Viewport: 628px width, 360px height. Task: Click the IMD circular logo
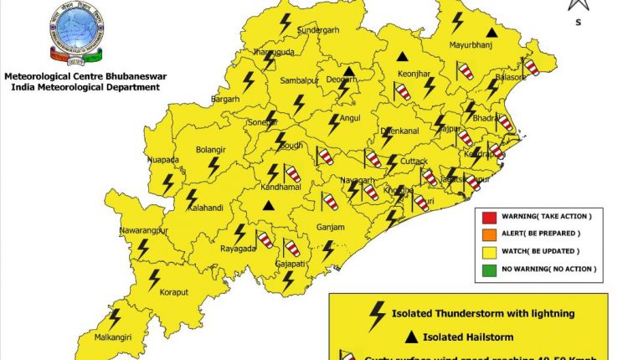click(77, 35)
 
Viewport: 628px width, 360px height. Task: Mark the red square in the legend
click(489, 216)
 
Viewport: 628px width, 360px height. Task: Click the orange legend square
click(489, 234)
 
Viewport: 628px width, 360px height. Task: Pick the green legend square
click(489, 269)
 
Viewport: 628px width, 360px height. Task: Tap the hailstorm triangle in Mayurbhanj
click(492, 33)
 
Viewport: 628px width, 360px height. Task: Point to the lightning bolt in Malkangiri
click(115, 318)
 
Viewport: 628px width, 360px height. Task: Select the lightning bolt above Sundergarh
click(286, 22)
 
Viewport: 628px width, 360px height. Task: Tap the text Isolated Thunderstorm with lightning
click(483, 314)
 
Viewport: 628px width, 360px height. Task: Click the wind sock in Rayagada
click(265, 239)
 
